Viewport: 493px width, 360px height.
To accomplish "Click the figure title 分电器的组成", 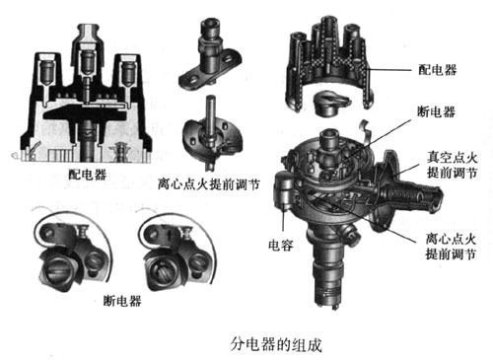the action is (276, 344).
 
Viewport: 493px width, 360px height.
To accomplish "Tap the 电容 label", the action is (281, 245).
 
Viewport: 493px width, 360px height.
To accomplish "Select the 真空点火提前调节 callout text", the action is (452, 165).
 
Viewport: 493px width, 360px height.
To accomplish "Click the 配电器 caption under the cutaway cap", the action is (88, 175).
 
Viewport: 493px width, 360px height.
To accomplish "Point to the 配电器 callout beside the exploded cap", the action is (438, 70).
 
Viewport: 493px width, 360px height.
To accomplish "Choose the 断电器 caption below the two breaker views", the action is (122, 300).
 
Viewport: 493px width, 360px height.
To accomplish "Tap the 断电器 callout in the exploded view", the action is (436, 111).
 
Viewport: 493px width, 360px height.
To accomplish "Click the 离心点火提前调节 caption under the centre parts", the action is (209, 184).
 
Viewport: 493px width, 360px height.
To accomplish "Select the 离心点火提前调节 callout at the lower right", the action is (451, 247).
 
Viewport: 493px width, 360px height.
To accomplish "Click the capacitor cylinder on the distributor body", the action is (283, 189).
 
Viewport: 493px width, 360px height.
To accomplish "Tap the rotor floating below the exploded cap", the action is (331, 103).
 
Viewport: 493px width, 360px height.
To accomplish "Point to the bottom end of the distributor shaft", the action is (328, 303).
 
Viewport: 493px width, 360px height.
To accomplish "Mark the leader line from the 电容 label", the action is (283, 221).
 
